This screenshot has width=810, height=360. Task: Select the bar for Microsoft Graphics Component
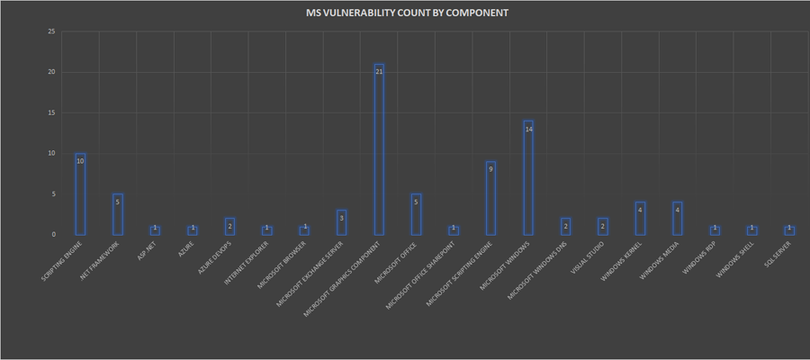tap(379, 149)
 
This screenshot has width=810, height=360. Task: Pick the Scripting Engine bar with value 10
tap(80, 193)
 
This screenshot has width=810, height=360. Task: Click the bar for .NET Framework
tap(117, 214)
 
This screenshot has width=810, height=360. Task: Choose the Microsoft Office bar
tap(416, 214)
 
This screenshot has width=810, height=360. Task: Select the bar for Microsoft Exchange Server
tap(341, 222)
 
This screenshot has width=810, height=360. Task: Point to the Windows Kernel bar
tap(640, 218)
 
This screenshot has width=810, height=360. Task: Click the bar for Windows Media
tap(677, 218)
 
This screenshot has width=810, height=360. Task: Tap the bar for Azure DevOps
tap(229, 226)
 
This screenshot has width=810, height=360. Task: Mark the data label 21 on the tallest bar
tap(379, 70)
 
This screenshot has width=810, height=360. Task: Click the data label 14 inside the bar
tap(528, 129)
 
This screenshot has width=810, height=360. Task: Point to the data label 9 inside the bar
tap(490, 168)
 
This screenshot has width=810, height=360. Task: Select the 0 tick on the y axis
tap(53, 235)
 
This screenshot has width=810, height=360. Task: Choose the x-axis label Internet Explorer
tap(251, 261)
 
